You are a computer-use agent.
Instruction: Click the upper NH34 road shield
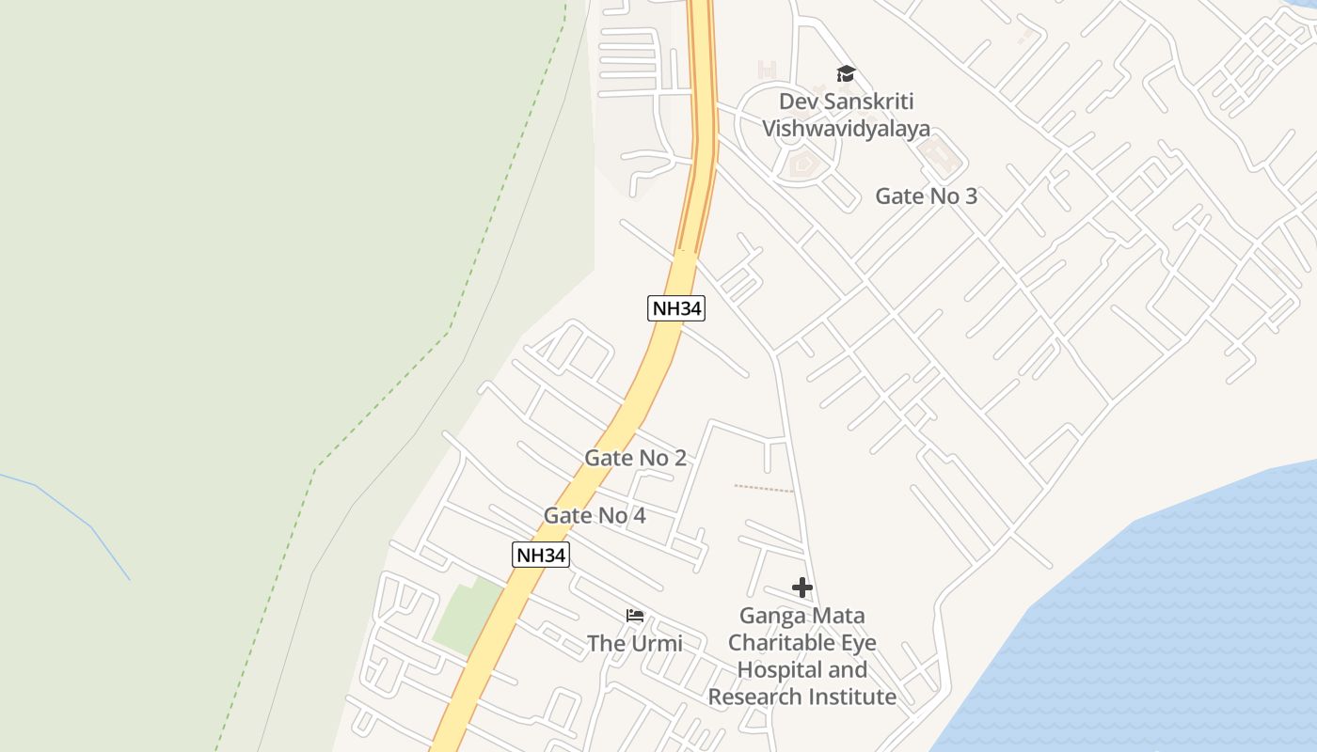tap(675, 307)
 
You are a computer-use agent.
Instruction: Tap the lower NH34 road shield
tap(540, 555)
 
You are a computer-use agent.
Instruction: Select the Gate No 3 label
tap(926, 196)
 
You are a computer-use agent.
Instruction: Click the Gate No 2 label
tap(635, 458)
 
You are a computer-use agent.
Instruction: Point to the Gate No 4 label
tap(595, 515)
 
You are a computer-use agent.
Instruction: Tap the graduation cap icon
tap(846, 73)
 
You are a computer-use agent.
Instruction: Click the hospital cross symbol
tap(801, 588)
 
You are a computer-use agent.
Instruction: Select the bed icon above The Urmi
tap(635, 617)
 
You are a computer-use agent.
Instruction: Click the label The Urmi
tap(635, 643)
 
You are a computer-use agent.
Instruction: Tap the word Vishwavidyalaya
tap(846, 129)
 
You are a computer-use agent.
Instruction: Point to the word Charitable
tap(801, 643)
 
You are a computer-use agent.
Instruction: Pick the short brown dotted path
tap(763, 488)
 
